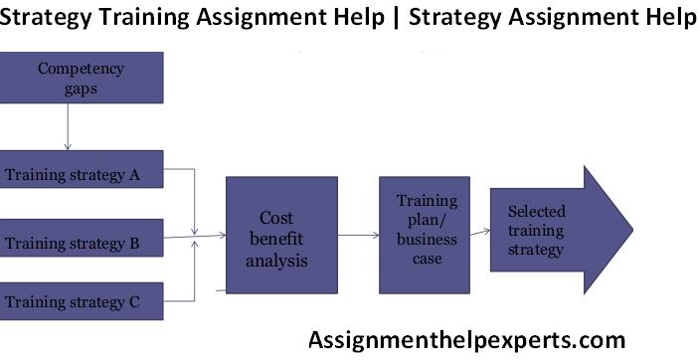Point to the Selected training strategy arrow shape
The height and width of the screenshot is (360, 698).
point(557,230)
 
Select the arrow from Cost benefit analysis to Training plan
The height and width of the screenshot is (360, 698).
point(358,236)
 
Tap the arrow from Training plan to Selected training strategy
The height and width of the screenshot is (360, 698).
point(479,232)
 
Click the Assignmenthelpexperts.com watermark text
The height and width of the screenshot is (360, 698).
point(467,340)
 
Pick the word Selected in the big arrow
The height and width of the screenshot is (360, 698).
point(536,211)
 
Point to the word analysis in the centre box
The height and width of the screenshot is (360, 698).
point(278,261)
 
